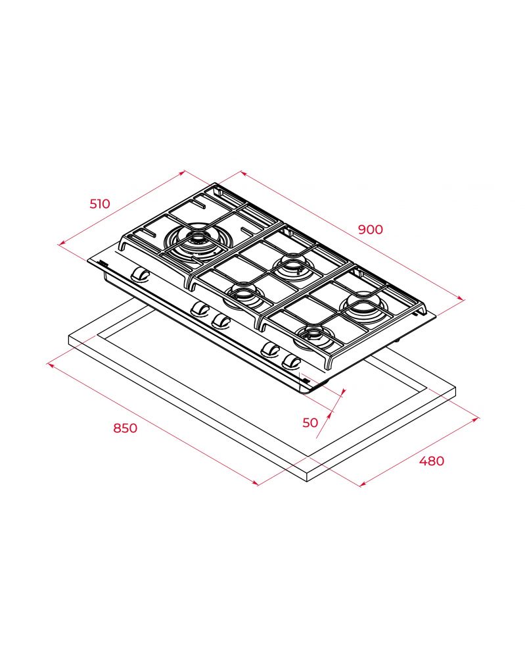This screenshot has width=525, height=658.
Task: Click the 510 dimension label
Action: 100,203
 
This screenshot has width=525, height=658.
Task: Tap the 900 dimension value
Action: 371,229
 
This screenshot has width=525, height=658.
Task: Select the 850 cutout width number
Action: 126,428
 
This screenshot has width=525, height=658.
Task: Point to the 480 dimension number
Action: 432,461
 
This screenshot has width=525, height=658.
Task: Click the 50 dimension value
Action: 311,422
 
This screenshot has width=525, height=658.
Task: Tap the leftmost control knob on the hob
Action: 140,274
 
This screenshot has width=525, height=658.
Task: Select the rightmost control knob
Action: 292,361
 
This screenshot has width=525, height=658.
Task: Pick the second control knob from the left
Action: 200,309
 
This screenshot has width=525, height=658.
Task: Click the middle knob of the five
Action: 221,321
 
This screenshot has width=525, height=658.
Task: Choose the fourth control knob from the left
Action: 270,349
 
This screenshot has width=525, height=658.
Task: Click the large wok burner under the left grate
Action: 196,243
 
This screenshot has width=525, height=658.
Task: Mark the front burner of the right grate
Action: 315,338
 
